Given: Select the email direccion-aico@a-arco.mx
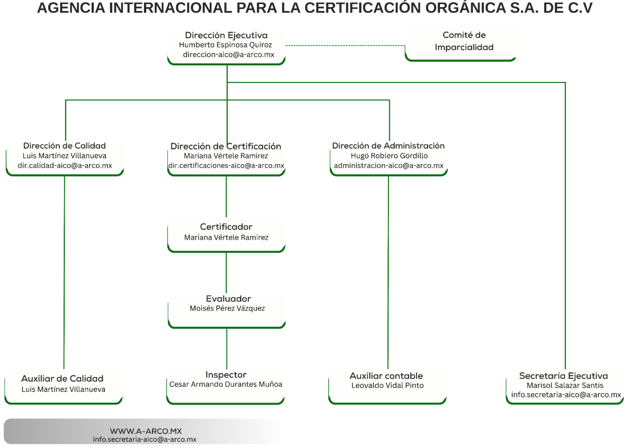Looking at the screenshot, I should click(x=228, y=55).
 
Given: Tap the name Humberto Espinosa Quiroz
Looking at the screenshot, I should click(x=225, y=45).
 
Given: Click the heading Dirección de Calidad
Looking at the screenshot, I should click(x=64, y=146).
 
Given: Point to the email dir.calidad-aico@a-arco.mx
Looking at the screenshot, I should click(x=65, y=166).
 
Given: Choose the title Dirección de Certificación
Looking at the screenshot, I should click(x=226, y=146).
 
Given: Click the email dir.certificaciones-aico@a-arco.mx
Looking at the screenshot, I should click(x=226, y=166).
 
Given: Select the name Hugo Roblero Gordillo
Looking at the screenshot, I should click(x=389, y=156).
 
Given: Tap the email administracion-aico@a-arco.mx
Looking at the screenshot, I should click(x=388, y=166).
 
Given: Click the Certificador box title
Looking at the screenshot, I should click(x=226, y=227).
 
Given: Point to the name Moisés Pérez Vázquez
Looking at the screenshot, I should click(x=227, y=309).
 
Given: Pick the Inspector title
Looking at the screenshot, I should click(x=226, y=375).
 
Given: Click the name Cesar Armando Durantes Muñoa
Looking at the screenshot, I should click(x=226, y=385).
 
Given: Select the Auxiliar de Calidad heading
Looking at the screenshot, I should click(x=62, y=379).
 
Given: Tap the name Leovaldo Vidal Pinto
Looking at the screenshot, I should click(x=388, y=385).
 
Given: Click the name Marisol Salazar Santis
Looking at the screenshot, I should click(x=565, y=385).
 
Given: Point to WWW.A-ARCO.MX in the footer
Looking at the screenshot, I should click(x=146, y=431).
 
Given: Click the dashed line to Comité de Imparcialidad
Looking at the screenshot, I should click(x=345, y=46).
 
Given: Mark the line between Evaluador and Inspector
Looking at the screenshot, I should click(x=227, y=348).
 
